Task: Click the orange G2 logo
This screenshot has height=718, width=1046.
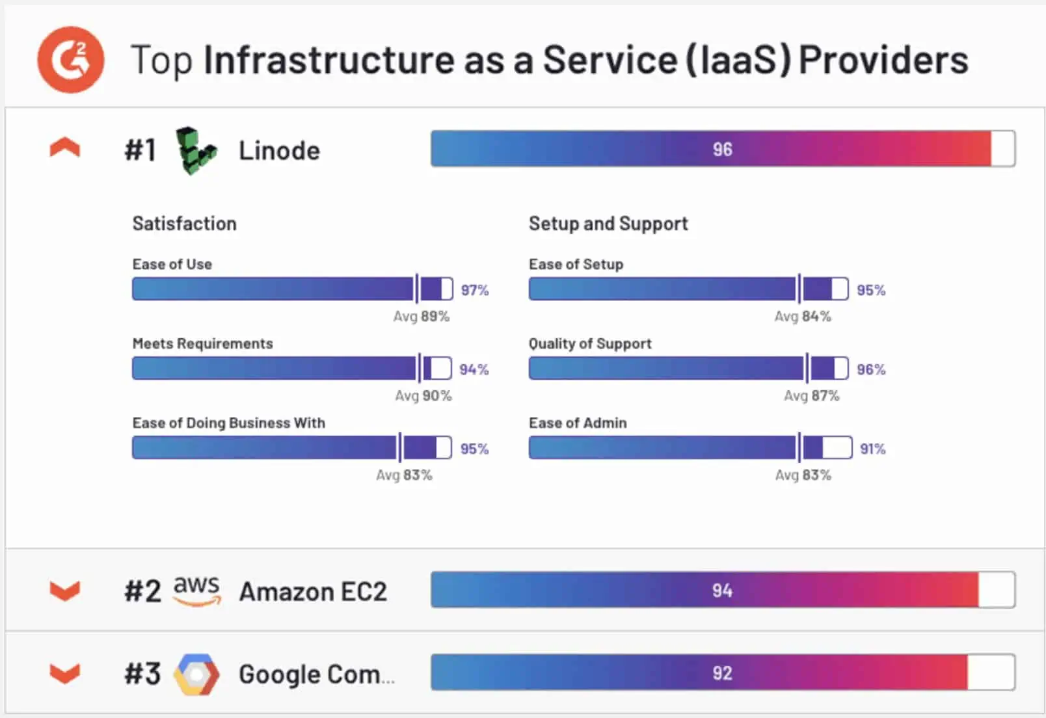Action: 70,60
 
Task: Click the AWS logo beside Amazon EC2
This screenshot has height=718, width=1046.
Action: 196,591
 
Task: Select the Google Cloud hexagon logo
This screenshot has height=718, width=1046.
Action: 196,674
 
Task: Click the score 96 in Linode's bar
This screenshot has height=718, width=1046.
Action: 722,149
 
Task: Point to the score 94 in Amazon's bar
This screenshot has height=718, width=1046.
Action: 722,590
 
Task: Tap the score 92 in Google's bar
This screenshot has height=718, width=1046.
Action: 722,672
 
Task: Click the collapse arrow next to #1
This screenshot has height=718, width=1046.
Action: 65,148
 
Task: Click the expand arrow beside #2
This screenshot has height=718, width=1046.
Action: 65,591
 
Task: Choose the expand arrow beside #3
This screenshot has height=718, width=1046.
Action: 65,673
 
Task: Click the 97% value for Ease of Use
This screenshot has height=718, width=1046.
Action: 475,290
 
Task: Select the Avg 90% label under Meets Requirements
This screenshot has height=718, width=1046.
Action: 423,395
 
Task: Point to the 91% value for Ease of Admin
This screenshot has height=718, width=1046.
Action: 872,449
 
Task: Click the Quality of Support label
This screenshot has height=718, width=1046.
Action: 590,343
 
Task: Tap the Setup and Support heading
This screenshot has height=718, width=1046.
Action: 608,224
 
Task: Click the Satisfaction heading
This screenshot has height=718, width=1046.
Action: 184,224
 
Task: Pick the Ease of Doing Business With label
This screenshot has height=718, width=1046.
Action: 228,423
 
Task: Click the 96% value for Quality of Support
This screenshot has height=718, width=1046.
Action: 871,369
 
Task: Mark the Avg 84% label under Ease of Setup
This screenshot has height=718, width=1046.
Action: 803,316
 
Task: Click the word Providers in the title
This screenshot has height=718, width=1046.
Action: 883,60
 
